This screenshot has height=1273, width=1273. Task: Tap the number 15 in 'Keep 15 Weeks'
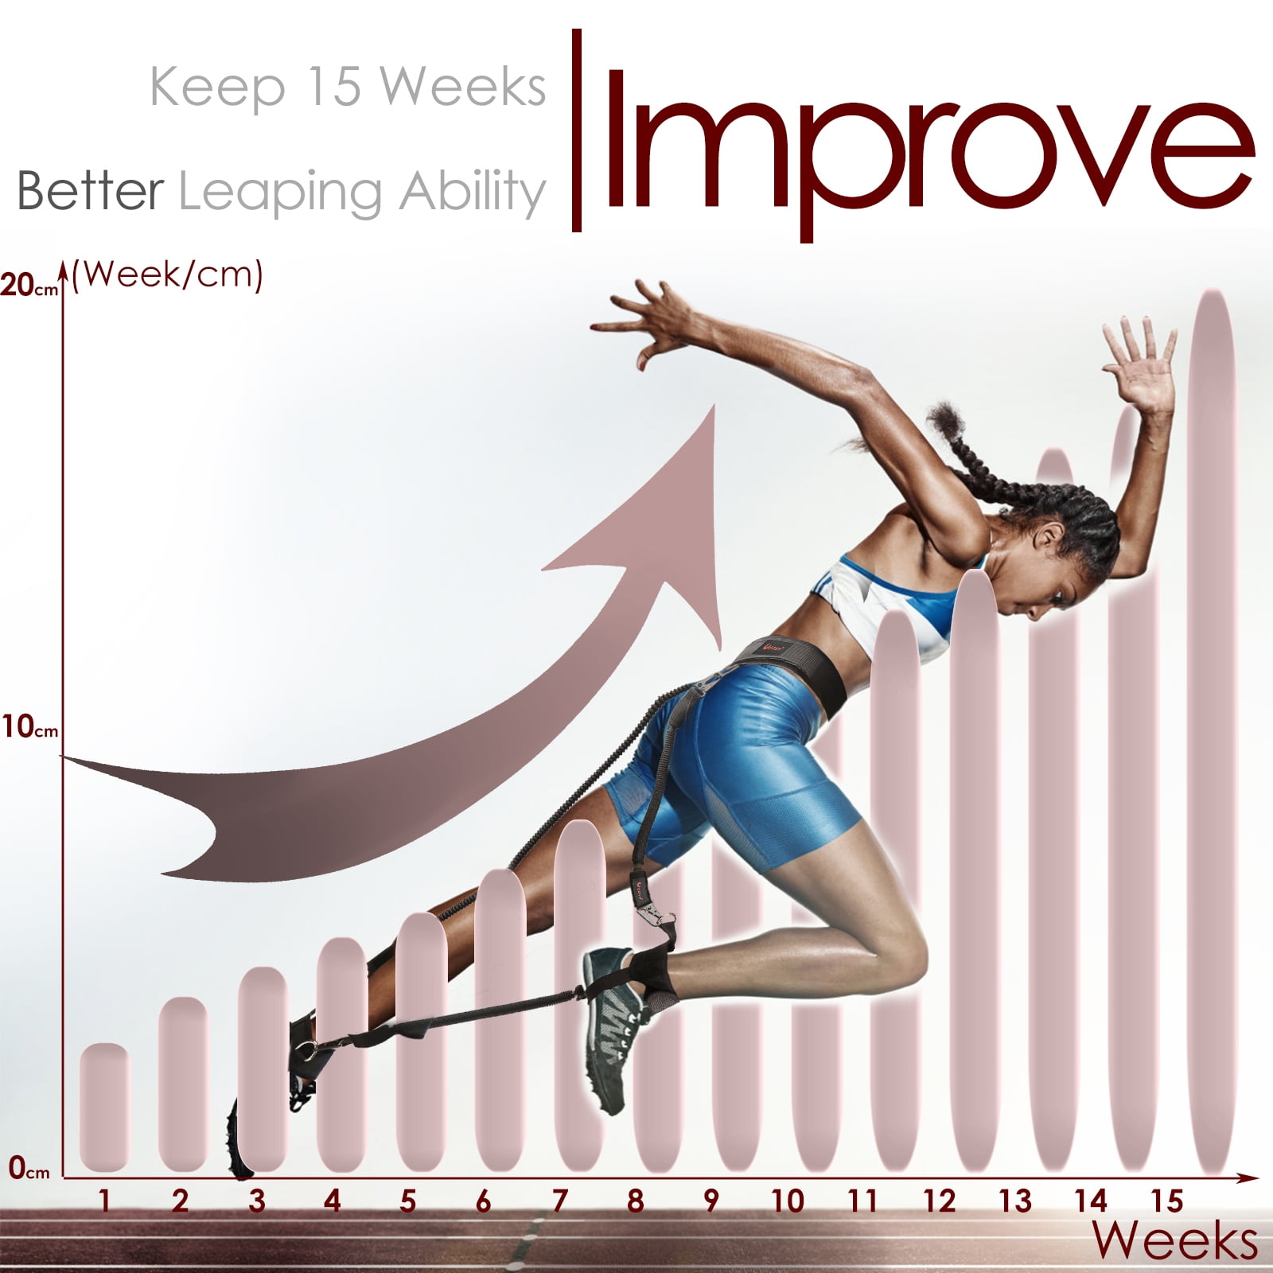(x=333, y=87)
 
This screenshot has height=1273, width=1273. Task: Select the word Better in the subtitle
(x=90, y=191)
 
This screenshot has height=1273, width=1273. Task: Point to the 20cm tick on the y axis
(x=29, y=285)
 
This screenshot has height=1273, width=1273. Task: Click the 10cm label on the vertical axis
(x=29, y=726)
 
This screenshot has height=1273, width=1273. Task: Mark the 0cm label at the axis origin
(x=29, y=1169)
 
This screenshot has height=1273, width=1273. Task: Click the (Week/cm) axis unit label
(x=167, y=275)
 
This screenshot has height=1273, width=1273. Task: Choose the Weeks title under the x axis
(x=1174, y=1241)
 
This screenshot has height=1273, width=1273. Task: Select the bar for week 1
(x=104, y=1108)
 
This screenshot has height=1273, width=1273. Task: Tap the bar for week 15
(x=1209, y=732)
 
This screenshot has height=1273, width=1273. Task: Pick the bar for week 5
(x=421, y=1042)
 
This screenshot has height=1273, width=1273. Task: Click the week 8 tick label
(x=635, y=1201)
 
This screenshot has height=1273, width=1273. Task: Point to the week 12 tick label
(x=939, y=1201)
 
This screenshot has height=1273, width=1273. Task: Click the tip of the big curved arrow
(x=714, y=406)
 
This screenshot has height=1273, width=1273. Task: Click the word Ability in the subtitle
(x=472, y=192)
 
